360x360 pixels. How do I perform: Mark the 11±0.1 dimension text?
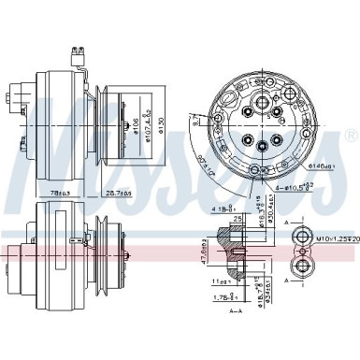pyautogui.click(x=222, y=281)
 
